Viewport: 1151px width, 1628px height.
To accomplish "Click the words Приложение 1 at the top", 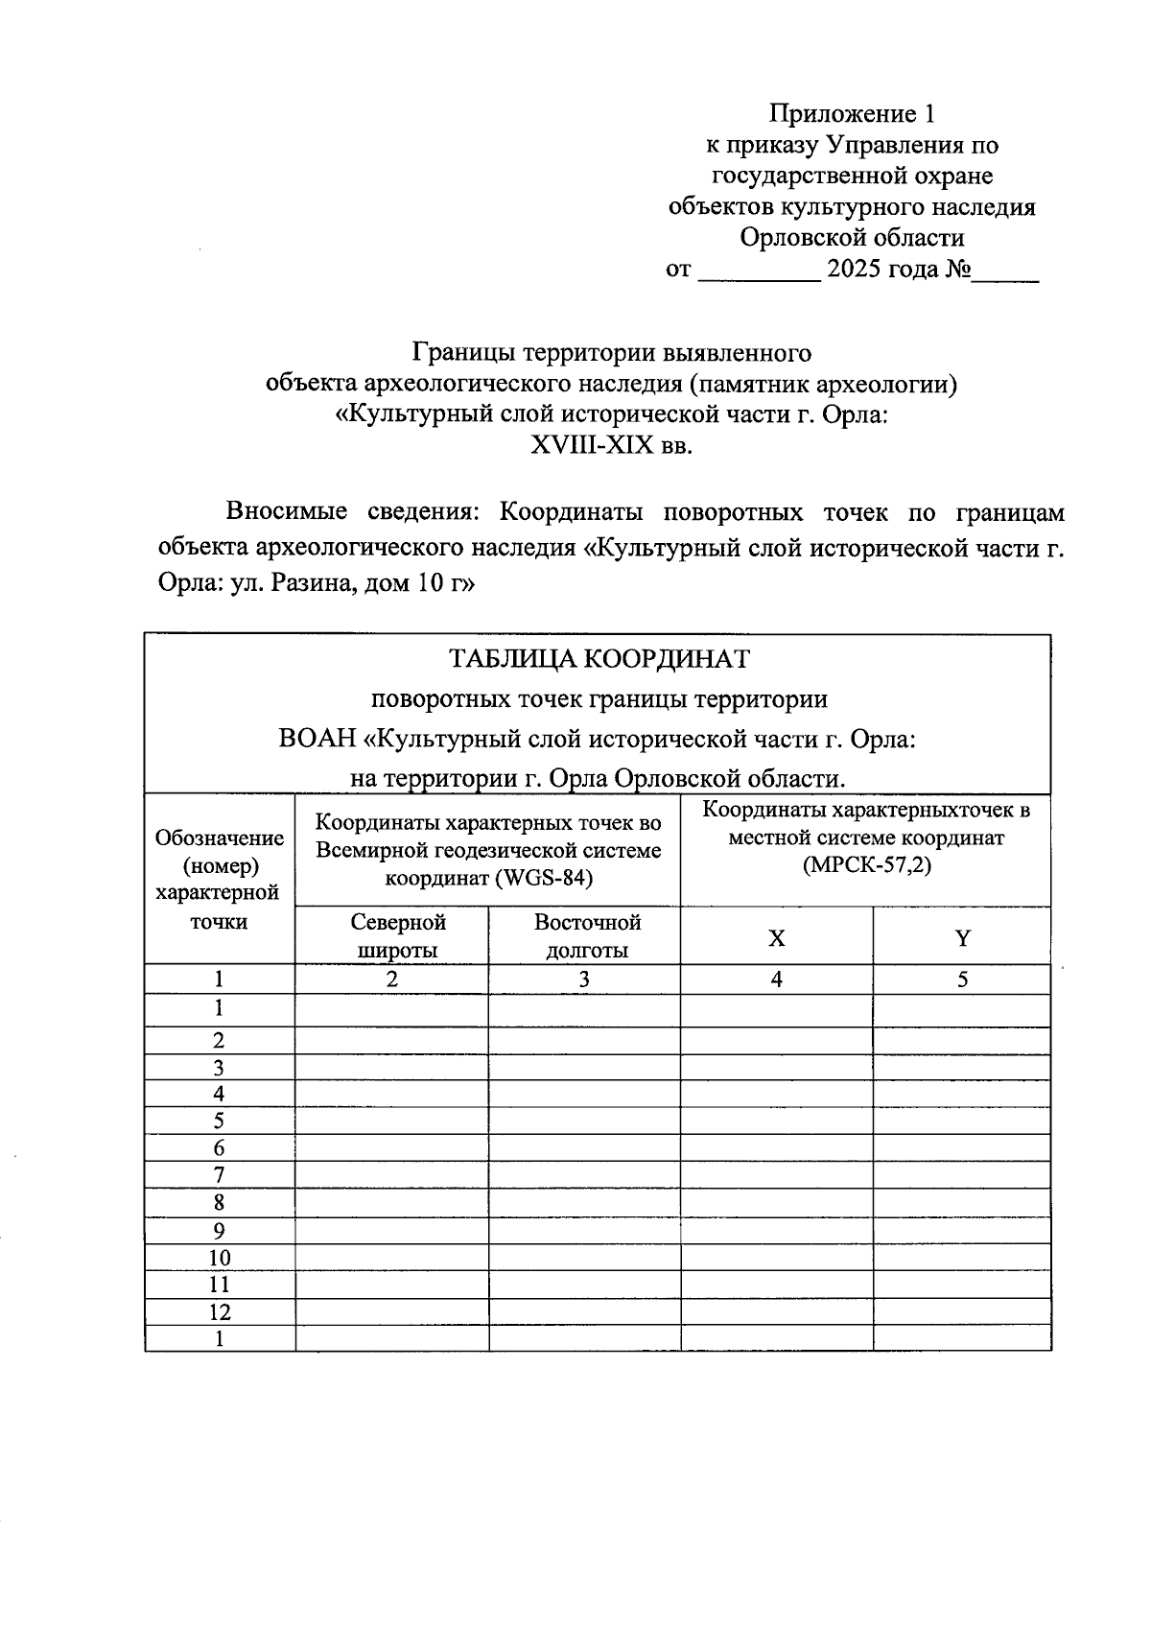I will [851, 115].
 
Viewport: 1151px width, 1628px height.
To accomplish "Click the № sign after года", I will [957, 269].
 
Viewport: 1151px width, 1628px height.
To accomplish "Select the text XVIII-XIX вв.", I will [610, 446].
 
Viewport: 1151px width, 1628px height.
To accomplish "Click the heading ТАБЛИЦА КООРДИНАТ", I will [599, 659].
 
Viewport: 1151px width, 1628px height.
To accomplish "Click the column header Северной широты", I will [398, 936].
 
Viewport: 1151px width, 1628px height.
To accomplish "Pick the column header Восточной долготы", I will [587, 936].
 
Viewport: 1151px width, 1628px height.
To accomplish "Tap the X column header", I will [777, 938].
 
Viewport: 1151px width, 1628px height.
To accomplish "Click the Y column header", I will [963, 938].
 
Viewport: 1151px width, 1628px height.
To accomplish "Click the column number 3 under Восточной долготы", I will [584, 979].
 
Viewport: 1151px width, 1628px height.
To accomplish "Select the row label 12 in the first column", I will [220, 1311].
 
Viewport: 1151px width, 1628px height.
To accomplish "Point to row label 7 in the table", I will [220, 1175].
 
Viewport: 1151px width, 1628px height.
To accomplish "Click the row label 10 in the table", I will [220, 1258].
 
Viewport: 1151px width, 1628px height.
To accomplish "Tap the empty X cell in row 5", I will [777, 1121].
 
